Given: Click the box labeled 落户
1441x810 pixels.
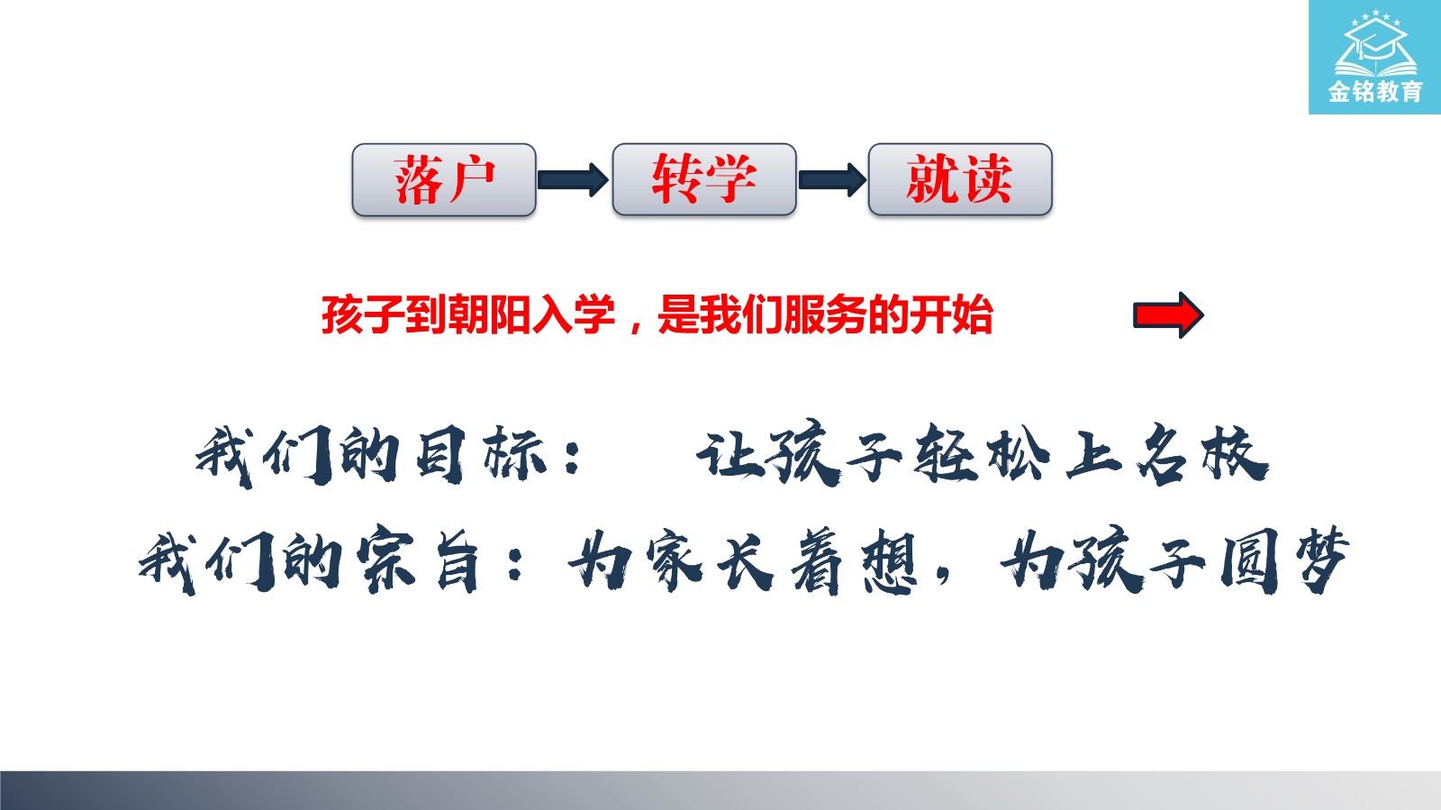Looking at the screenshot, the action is point(444,179).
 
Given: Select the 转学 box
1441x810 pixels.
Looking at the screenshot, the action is point(704,179).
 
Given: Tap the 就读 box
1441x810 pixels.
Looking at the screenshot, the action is point(960,179).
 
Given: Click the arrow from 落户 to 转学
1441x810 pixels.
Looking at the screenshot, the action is point(573,179).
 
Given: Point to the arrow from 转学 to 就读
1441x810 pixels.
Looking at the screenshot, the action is point(832,179).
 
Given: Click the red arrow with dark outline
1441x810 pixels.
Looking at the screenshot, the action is point(1168,315).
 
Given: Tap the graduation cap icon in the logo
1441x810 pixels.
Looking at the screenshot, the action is point(1375,44).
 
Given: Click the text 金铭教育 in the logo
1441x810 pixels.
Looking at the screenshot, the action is point(1375,91).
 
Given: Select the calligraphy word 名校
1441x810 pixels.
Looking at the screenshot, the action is point(1203,453).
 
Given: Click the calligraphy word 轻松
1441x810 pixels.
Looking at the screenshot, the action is point(982,454).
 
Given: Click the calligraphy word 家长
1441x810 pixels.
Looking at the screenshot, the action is point(711,561).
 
